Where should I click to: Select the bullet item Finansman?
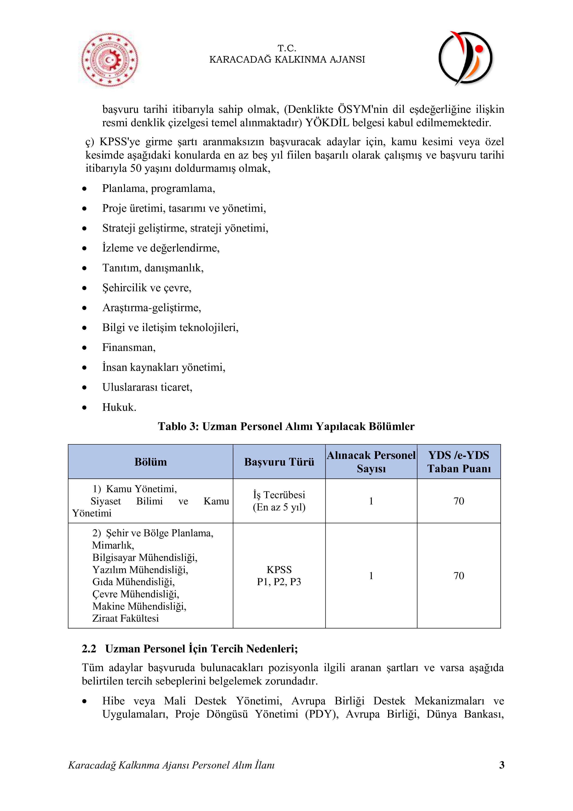pos(129,347)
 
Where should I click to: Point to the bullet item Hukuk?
pos(119,407)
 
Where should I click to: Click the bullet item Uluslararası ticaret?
pos(147,387)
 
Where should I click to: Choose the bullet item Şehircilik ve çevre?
pos(147,288)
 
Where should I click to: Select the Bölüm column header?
pos(151,462)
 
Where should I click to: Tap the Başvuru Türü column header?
pos(279,462)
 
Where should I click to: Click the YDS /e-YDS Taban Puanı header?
pos(459,462)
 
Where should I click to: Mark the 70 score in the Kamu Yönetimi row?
pos(459,501)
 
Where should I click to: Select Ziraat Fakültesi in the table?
pos(126,618)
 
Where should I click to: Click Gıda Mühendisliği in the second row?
pos(133,582)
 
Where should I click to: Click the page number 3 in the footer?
pos(502,765)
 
